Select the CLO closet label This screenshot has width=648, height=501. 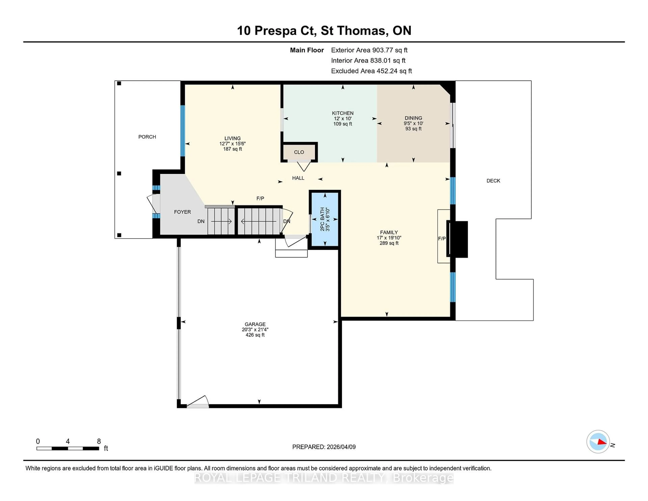coord(299,152)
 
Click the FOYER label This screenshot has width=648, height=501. coord(182,212)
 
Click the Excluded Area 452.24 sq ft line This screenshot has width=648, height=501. coord(371,71)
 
